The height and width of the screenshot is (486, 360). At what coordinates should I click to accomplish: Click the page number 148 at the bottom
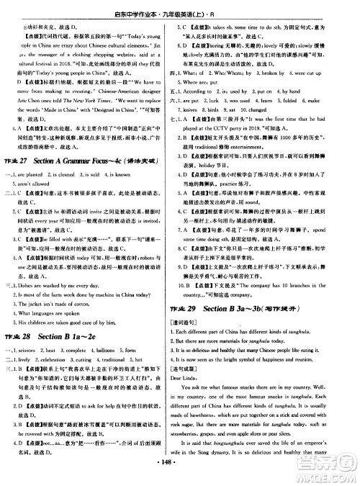point(180,480)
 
